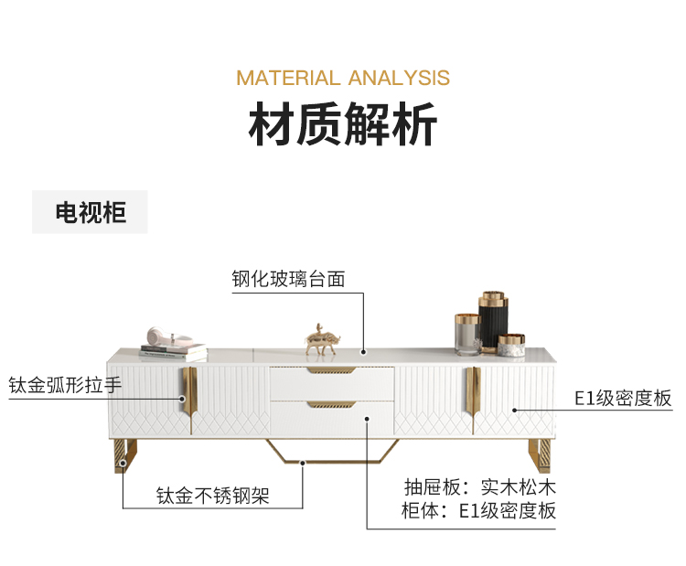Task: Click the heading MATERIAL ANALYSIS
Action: point(343,78)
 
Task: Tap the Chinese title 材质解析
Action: point(343,125)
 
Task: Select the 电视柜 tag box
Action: point(90,213)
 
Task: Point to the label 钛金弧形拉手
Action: point(65,385)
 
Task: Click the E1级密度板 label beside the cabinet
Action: point(623,398)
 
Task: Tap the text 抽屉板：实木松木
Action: point(479,486)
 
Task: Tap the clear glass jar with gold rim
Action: point(467,335)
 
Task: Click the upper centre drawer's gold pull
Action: point(332,372)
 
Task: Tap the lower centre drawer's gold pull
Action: point(332,403)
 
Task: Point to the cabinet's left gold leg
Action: point(125,456)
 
